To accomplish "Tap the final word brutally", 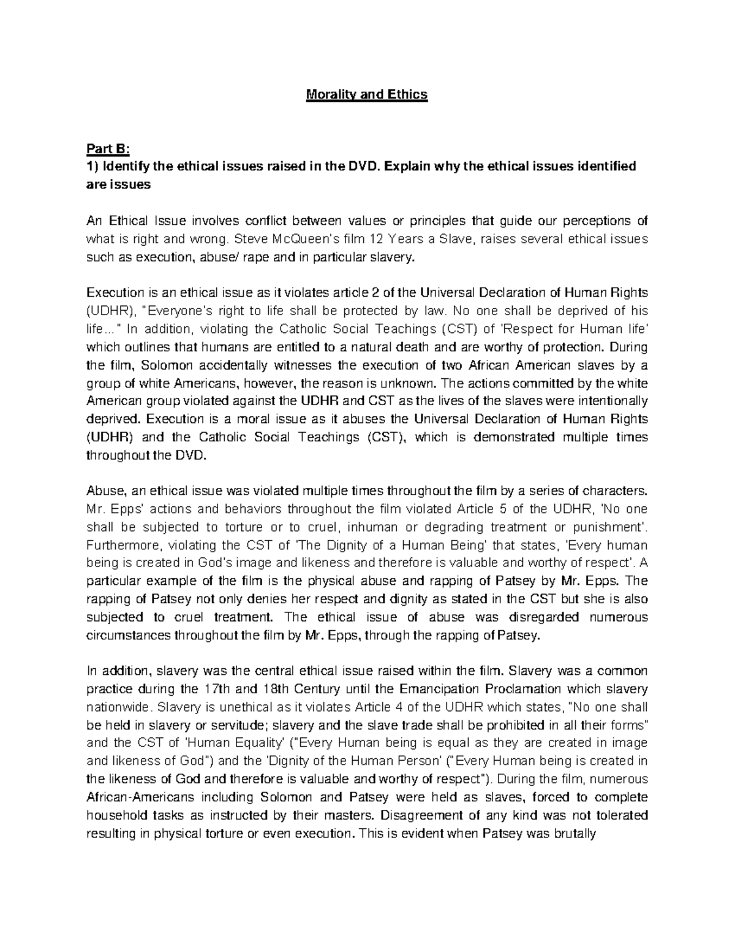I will [x=573, y=834].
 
